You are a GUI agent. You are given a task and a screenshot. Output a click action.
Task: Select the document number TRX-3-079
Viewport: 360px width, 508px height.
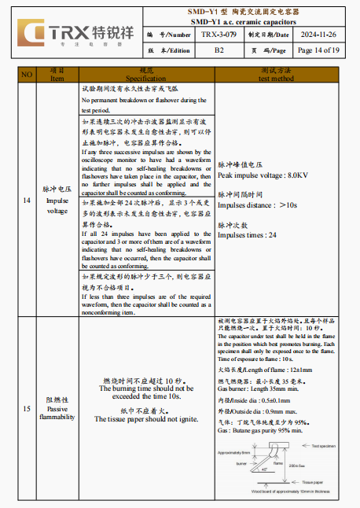219,35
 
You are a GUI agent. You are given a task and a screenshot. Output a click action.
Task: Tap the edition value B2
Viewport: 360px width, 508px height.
219,50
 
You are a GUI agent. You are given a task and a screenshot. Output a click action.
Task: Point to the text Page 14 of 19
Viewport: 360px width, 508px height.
318,50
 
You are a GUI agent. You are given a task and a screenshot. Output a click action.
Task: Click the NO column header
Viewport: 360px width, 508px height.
27,75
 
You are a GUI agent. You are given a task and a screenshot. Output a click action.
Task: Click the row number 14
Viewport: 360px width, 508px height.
27,201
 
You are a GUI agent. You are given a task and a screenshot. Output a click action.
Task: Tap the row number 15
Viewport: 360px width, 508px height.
27,408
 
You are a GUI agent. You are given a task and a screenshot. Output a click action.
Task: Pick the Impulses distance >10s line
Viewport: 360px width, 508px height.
257,204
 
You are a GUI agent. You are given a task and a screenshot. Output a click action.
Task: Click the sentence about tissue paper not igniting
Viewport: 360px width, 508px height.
146,419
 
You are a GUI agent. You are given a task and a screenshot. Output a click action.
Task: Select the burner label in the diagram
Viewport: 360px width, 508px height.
242,463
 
